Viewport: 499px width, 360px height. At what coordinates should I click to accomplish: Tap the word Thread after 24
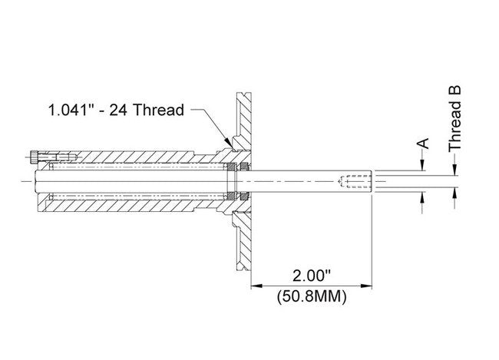tap(159, 110)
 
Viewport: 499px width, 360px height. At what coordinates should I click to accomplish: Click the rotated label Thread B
tap(455, 117)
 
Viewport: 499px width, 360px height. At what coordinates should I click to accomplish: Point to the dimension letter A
tap(421, 144)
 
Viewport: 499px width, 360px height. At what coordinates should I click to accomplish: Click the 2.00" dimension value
tap(312, 274)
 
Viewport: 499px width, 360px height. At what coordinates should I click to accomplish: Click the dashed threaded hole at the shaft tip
tap(355, 182)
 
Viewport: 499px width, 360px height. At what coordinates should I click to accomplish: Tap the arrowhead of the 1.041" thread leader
tap(227, 144)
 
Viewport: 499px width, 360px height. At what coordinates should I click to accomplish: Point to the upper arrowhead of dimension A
tap(421, 167)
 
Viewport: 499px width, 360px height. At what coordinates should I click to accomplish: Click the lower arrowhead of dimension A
tap(421, 197)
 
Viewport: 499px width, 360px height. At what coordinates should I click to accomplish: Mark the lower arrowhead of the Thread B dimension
tap(455, 192)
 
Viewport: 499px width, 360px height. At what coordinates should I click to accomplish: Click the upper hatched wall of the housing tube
tap(138, 160)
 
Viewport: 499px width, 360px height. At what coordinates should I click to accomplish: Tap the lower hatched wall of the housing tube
tap(138, 204)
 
